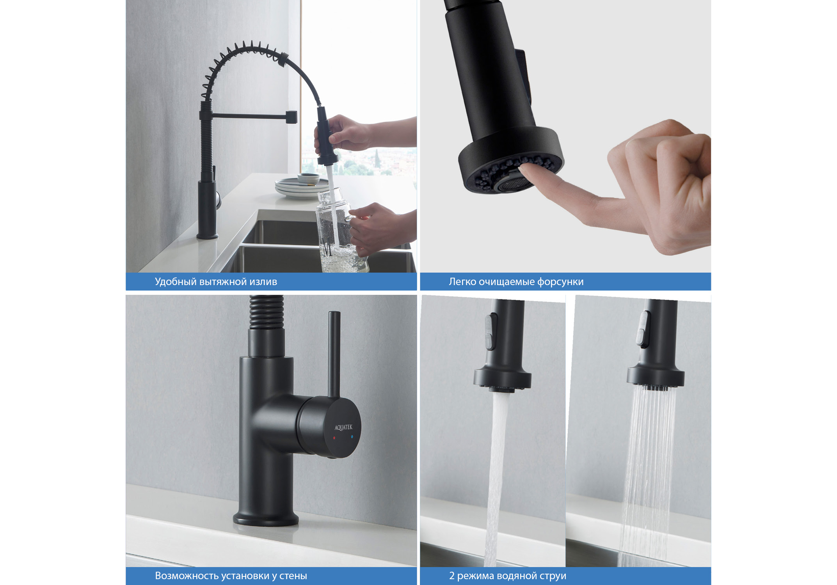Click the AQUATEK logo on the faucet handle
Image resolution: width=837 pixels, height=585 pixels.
343,427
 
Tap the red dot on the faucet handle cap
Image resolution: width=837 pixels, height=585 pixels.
334,438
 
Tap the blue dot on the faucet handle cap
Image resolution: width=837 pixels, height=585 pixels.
352,437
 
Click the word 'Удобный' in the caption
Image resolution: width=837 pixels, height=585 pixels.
176,282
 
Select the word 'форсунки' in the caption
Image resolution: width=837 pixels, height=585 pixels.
560,282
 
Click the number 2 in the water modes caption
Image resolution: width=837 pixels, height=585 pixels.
452,576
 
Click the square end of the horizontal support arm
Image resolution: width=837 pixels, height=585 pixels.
291,117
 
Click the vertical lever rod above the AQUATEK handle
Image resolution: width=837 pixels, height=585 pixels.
334,353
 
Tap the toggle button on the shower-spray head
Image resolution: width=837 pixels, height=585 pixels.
643,328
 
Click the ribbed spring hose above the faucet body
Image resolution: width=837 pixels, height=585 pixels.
267,312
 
